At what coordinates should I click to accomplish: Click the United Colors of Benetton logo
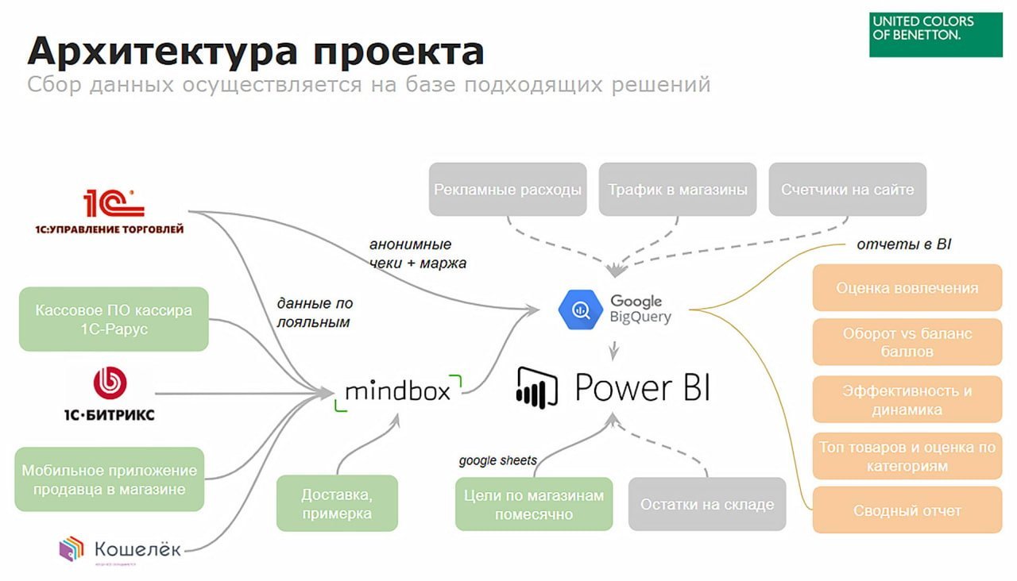coord(935,34)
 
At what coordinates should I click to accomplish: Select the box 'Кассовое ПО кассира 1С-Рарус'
coord(114,319)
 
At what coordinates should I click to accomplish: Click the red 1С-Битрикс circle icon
coord(110,383)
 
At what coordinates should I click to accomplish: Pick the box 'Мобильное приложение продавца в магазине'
coord(110,479)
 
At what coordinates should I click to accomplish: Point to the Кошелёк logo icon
coord(71,549)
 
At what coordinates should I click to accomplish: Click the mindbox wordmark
coord(397,391)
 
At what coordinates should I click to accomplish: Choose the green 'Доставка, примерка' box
coord(337,503)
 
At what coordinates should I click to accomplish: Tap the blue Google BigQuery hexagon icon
coord(580,310)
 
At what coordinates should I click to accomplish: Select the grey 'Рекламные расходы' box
coord(508,190)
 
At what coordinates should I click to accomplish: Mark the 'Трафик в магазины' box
coord(678,190)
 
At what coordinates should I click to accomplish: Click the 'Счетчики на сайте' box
coord(847,190)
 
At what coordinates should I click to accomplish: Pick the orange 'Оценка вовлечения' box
coord(907,288)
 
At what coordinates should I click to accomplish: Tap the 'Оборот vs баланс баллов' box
coord(907,342)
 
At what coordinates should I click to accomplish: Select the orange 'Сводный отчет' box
coord(907,510)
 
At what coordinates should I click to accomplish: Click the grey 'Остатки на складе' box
coord(707,504)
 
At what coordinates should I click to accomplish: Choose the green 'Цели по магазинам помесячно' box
coord(534,504)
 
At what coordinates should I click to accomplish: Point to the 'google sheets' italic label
coord(497,460)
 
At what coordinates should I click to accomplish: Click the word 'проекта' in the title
coord(398,52)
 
